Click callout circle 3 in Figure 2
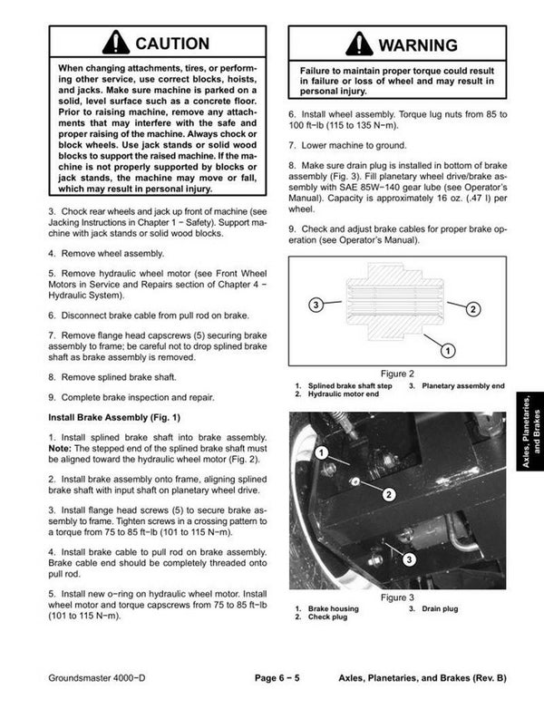pos(315,305)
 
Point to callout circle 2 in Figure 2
pos(472,309)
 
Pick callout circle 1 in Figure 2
pos(447,349)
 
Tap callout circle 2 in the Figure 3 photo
pos(387,494)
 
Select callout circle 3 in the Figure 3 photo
pos(409,559)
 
